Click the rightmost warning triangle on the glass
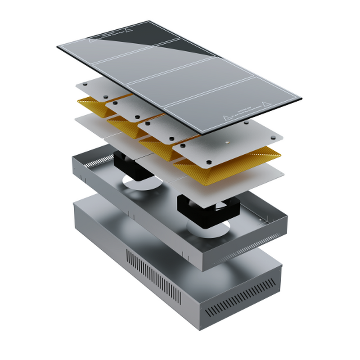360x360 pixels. [265, 103]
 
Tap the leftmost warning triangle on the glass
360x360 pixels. [91, 40]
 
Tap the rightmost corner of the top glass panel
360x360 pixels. [301, 99]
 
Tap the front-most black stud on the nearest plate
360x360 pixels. [209, 162]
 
